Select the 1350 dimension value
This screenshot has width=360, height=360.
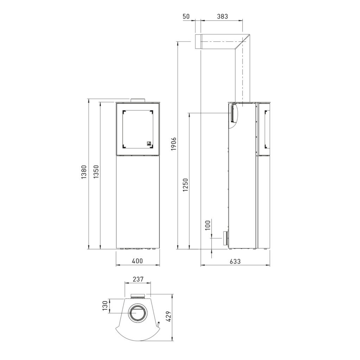tap(96, 172)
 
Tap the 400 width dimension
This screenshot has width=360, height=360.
tap(138, 261)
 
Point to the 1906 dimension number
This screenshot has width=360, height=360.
tap(174, 144)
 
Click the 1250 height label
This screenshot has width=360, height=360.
tap(186, 185)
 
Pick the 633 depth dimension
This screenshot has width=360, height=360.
tap(235, 261)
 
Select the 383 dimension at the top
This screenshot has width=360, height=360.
tap(223, 16)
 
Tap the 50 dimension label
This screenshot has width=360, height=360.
tap(186, 16)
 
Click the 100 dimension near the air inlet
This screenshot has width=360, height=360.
tap(207, 225)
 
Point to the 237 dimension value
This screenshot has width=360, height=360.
tap(138, 279)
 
